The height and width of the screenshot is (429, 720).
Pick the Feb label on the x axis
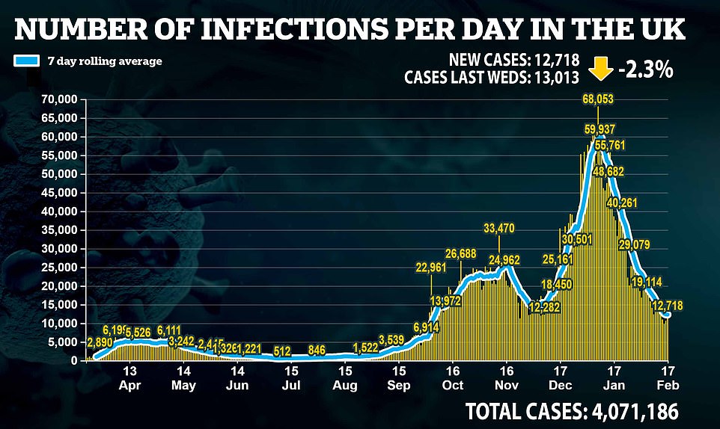point(668,385)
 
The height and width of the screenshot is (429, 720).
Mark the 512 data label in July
point(282,351)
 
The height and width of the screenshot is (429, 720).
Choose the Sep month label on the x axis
point(399,385)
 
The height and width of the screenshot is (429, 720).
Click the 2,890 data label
point(100,342)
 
